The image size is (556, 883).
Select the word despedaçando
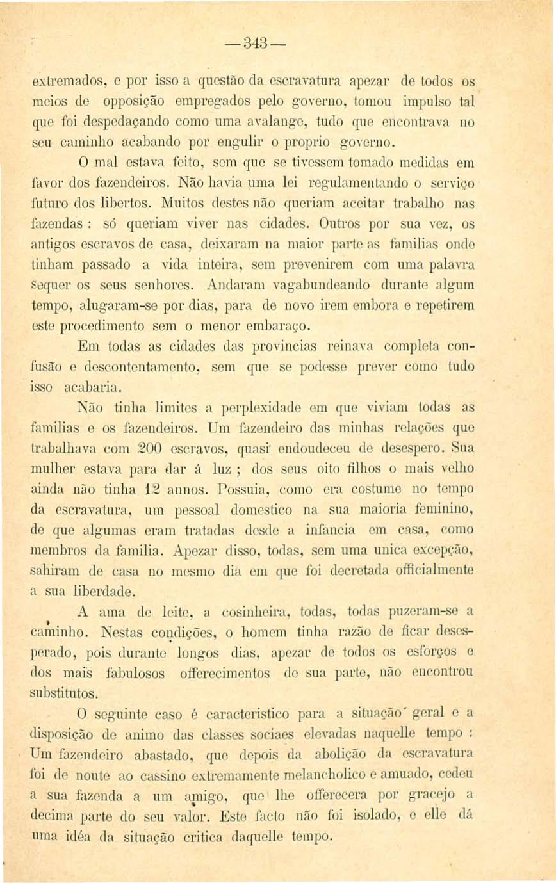[137, 119]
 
